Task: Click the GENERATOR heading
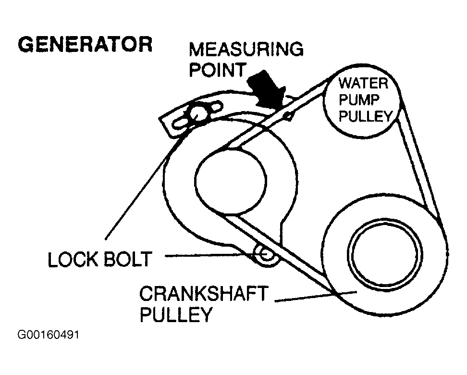point(85,44)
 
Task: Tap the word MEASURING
point(246,49)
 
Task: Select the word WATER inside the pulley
point(363,83)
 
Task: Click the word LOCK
point(72,260)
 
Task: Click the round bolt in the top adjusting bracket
point(197,113)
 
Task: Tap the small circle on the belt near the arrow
point(287,115)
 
